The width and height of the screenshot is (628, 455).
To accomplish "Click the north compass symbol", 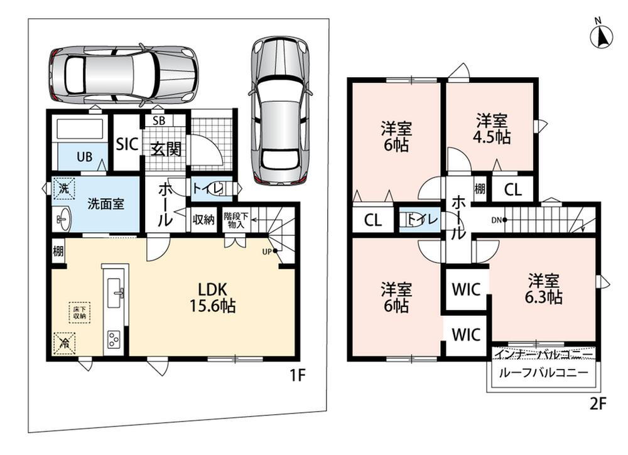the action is [602, 36].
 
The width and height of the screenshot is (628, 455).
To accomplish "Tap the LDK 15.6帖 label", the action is [213, 297].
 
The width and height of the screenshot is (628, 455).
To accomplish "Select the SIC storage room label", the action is [127, 144].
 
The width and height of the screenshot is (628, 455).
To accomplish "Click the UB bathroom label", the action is [85, 157].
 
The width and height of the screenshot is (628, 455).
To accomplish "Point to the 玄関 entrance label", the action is [166, 149].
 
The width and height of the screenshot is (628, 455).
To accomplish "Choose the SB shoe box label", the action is [159, 120].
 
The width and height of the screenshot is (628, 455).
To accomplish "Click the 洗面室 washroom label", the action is [106, 204].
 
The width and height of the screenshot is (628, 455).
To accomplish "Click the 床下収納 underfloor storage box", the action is [79, 313].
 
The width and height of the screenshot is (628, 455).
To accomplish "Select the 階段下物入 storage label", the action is [236, 220].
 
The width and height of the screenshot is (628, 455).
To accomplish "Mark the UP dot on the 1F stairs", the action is [275, 251].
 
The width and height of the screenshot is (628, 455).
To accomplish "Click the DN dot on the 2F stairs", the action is [505, 220].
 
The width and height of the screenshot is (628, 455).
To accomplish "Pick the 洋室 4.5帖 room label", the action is [492, 129].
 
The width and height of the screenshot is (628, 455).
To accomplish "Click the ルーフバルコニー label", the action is [543, 373].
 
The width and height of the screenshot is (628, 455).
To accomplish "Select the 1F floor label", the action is [297, 375].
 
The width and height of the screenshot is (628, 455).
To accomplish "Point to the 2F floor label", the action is [598, 404].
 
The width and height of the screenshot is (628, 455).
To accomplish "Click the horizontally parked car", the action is [124, 75].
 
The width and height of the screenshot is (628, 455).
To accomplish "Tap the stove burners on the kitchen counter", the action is [113, 340].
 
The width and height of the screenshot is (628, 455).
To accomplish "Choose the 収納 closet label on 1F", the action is [203, 219].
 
